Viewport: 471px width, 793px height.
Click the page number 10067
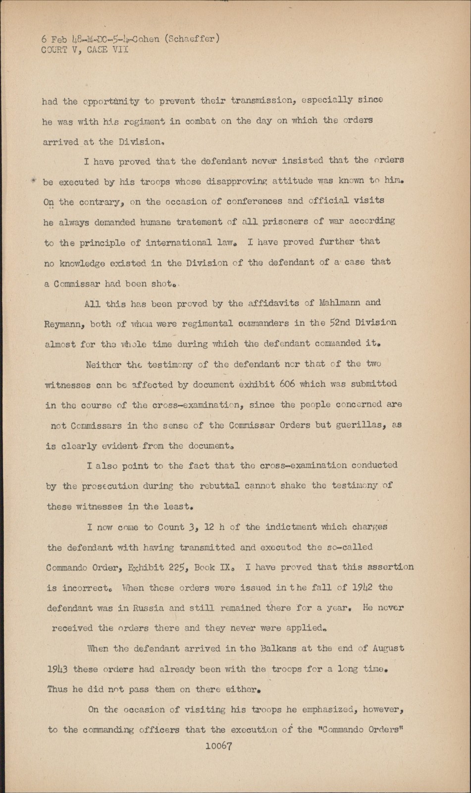click(x=218, y=746)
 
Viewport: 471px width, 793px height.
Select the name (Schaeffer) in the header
click(x=192, y=39)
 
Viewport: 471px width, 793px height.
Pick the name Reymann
click(x=64, y=324)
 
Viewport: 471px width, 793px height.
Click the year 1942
click(x=363, y=588)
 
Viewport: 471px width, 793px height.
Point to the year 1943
click(x=57, y=669)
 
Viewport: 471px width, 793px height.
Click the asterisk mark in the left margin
click(x=34, y=180)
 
